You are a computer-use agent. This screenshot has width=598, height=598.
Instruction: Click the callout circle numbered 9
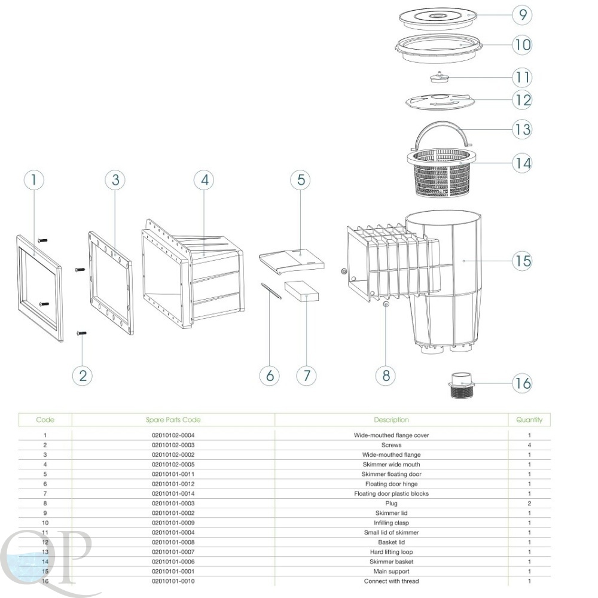click(x=522, y=15)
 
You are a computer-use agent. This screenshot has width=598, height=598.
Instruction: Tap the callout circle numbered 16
click(x=522, y=383)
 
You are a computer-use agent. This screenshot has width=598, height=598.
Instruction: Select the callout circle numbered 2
click(x=83, y=376)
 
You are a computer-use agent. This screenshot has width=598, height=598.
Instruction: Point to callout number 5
click(x=301, y=180)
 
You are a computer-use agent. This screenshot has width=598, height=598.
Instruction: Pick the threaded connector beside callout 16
click(x=462, y=385)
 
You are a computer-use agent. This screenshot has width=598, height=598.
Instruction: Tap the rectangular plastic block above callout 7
click(x=301, y=291)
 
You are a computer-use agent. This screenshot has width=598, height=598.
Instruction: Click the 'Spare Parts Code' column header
click(x=173, y=420)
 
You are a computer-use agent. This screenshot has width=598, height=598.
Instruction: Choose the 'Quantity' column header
click(x=529, y=420)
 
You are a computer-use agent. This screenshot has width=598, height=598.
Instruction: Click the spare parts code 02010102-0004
click(x=173, y=435)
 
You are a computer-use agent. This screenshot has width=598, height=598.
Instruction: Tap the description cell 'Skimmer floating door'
click(x=391, y=474)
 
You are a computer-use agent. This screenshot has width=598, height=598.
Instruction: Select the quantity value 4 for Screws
click(x=529, y=445)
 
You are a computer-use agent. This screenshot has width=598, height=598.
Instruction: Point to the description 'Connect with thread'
click(x=391, y=581)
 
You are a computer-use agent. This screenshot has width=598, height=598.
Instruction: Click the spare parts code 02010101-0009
click(x=173, y=523)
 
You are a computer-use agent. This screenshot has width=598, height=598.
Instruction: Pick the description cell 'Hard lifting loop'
click(x=391, y=552)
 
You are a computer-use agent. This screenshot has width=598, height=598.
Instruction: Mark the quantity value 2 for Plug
click(x=529, y=504)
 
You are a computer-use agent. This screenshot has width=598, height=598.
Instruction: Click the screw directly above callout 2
click(x=81, y=333)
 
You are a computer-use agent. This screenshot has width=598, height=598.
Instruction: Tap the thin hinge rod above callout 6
click(x=271, y=291)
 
